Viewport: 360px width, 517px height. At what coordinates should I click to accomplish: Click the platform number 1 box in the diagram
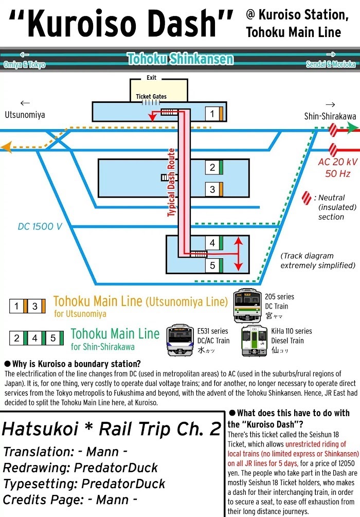pos(211,113)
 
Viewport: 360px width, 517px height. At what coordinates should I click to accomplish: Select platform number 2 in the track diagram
pos(212,168)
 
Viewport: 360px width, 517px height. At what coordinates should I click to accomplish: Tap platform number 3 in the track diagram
pos(212,189)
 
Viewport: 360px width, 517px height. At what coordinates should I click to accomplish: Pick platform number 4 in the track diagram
pos(212,243)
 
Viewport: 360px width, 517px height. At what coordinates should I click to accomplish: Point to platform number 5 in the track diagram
pos(212,265)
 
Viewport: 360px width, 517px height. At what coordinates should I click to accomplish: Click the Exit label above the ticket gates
pos(151,78)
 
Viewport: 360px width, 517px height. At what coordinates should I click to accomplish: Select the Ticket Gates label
pos(151,96)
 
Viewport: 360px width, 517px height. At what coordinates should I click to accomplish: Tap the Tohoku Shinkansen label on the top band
pos(180,59)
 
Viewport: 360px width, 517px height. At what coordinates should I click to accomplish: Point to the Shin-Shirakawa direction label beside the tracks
pos(330,116)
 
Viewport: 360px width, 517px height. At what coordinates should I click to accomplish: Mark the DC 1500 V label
pos(40,226)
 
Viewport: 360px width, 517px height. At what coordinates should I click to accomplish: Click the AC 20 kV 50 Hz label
pos(337,168)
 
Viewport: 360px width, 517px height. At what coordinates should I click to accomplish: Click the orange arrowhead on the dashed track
pos(7,148)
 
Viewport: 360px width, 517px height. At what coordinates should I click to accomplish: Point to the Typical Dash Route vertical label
pos(171,182)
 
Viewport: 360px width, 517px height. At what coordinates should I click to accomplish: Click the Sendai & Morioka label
pos(330,64)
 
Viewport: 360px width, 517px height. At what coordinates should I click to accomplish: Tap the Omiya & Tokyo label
pos(24,64)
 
